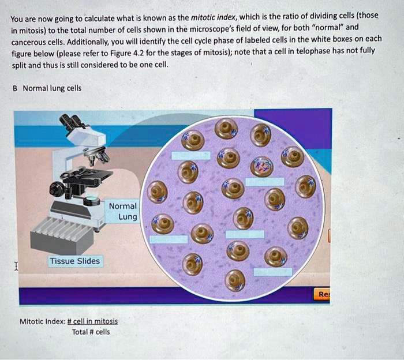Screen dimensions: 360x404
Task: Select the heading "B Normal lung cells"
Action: (x=47, y=88)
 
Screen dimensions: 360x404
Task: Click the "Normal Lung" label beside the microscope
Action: (x=123, y=211)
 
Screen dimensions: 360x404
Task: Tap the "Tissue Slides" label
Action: (x=74, y=261)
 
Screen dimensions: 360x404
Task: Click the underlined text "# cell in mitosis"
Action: (x=92, y=321)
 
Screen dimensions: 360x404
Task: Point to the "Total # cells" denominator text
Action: (x=91, y=332)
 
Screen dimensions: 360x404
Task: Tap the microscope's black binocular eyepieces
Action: (x=72, y=122)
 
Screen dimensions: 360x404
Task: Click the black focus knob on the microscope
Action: (x=57, y=189)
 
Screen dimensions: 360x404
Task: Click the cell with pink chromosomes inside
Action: (x=262, y=166)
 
